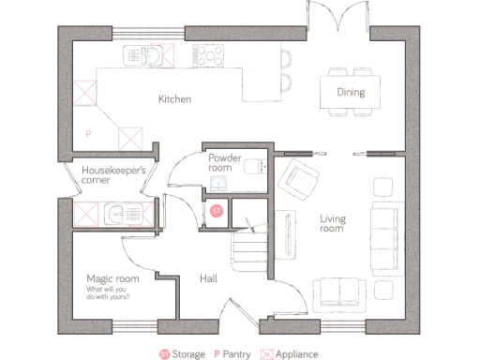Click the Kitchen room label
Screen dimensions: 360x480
[x=174, y=98]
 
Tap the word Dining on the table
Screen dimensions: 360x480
[x=351, y=92]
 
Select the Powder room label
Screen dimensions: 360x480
[x=226, y=162]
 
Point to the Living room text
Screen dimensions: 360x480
[x=332, y=224]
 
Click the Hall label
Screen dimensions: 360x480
[x=210, y=278]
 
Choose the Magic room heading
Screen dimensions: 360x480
[x=112, y=278]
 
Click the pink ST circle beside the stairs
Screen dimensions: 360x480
[x=217, y=213]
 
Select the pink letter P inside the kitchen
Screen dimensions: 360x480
[x=88, y=134]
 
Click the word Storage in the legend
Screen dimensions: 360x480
[x=187, y=354]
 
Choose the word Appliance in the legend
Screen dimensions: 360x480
[x=296, y=354]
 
